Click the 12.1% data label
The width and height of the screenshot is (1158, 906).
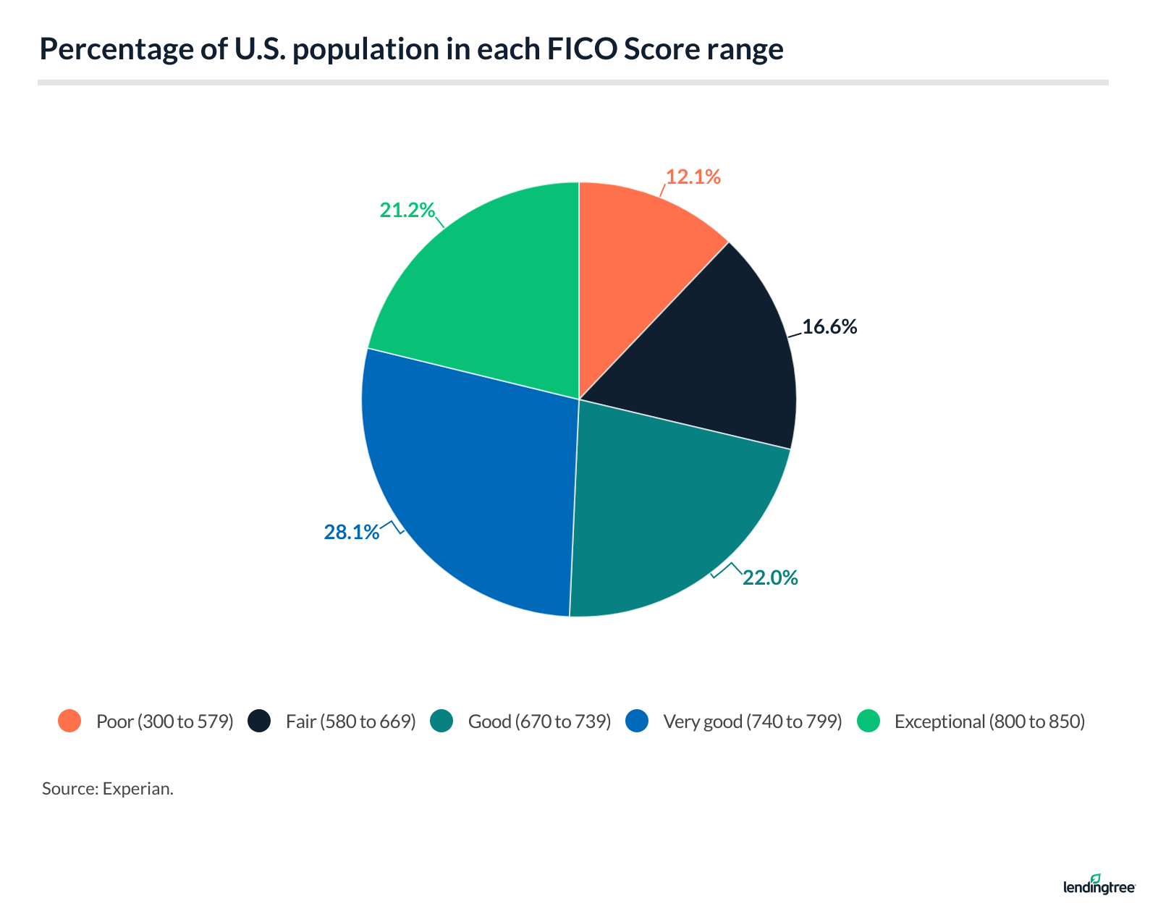click(x=693, y=177)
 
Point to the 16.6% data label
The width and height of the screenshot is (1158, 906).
click(x=829, y=327)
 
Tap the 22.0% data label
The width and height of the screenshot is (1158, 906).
click(x=770, y=577)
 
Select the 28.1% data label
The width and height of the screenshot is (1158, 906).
click(x=351, y=533)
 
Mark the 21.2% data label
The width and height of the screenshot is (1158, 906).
click(x=407, y=211)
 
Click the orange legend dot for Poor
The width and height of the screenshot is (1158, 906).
click(x=69, y=721)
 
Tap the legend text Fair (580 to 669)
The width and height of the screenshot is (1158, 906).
click(x=350, y=721)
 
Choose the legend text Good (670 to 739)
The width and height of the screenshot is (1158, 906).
click(x=539, y=721)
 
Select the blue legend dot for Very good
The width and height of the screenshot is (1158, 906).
click(x=637, y=721)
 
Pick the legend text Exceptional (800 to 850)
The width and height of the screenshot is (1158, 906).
click(x=989, y=721)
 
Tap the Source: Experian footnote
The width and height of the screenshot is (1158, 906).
click(x=107, y=788)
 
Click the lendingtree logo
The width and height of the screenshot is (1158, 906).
click(x=1099, y=885)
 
